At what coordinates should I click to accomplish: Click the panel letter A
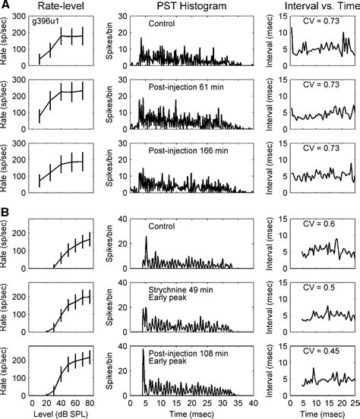(x=6, y=6)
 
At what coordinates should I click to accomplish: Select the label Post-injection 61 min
(x=176, y=89)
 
